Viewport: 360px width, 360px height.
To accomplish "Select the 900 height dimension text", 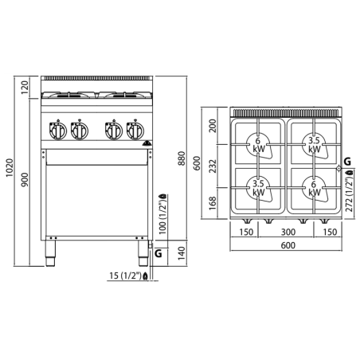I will pos(25,181).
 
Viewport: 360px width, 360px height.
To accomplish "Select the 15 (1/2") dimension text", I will pos(124,276).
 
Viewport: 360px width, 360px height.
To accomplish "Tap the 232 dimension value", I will pos(212,166).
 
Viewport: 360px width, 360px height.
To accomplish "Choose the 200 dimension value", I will pos(212,126).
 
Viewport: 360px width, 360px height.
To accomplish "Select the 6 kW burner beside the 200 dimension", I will pos(258,144).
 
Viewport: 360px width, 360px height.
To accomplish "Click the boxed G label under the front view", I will pos(159,253).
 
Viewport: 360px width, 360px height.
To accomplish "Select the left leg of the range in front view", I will pos(49,256).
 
